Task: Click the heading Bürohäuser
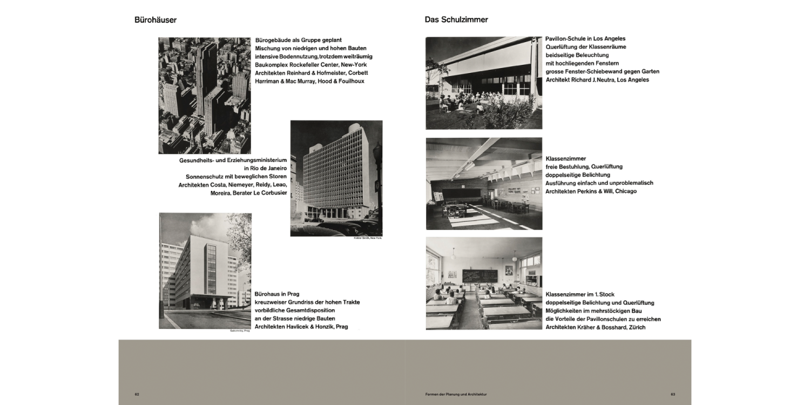[156, 20]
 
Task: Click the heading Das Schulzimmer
[456, 19]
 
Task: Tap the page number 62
[137, 394]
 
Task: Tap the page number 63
[673, 394]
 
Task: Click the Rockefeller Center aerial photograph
[204, 96]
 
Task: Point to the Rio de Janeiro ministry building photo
[336, 178]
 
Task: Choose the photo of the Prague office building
[205, 271]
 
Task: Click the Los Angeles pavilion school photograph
[483, 83]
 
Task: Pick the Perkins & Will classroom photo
[483, 184]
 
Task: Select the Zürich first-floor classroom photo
[483, 283]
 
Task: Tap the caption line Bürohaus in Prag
[277, 294]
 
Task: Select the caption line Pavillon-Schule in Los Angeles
[585, 39]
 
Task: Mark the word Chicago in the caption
[625, 191]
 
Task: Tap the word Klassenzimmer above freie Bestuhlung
[565, 159]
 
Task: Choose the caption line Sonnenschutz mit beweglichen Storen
[236, 177]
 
